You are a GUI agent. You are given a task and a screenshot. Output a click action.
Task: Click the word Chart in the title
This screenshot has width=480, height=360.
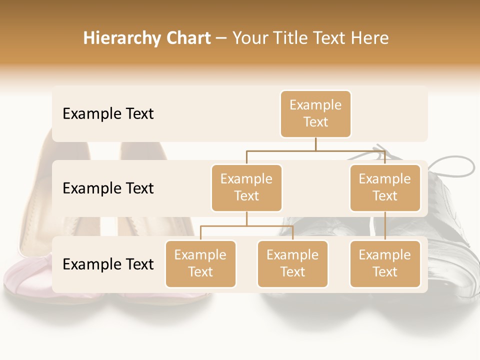(x=187, y=38)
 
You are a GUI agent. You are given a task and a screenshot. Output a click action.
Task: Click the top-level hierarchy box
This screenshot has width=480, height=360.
(x=315, y=114)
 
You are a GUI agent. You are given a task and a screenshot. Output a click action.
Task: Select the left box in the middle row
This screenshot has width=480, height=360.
(x=246, y=188)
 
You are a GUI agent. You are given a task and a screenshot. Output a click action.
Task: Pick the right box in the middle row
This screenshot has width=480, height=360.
(x=385, y=188)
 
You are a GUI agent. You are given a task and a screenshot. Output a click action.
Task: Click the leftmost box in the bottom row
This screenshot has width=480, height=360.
(x=200, y=264)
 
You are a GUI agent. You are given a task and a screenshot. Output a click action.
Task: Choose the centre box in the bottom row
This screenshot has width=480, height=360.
(x=292, y=264)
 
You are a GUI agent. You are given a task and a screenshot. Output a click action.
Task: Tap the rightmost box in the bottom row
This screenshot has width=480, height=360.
(x=385, y=264)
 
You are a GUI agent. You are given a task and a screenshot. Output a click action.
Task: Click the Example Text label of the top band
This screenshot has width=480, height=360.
(x=108, y=114)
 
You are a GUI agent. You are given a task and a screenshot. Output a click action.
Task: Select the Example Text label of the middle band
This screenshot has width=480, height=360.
(x=108, y=188)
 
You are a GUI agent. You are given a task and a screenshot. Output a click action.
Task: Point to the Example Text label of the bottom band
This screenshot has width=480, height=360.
(x=108, y=264)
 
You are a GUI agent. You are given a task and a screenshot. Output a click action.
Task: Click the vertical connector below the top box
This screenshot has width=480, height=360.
(x=315, y=144)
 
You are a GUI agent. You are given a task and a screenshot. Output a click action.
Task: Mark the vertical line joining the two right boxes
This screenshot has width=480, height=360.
(x=385, y=226)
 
